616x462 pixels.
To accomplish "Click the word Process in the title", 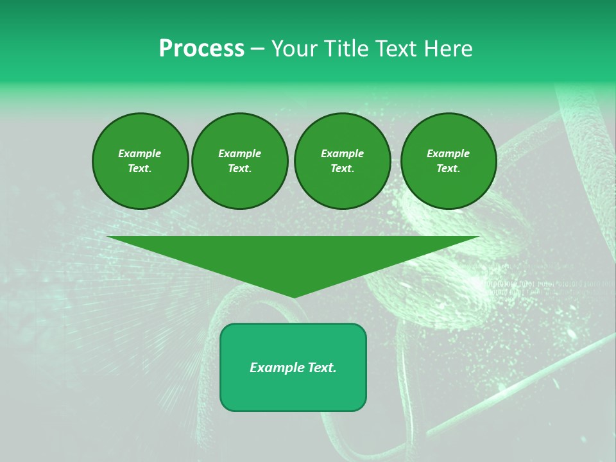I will click(201, 49).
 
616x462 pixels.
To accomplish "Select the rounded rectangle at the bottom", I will click(293, 391).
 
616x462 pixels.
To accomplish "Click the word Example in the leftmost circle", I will click(140, 153).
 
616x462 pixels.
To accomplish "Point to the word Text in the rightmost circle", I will click(448, 168).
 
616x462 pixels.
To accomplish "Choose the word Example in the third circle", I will click(342, 153).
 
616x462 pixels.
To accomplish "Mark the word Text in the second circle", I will click(239, 168).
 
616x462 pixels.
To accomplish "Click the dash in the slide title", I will click(257, 49).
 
